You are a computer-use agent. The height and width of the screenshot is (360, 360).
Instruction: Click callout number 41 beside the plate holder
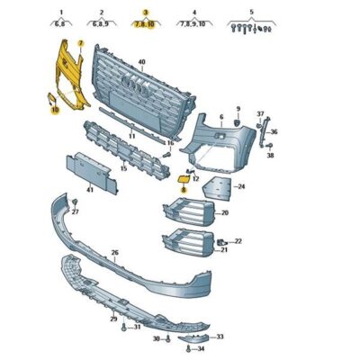(89, 190)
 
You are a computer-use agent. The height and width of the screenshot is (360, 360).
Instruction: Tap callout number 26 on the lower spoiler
(114, 252)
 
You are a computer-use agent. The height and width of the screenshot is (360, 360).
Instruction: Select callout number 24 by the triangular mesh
(240, 186)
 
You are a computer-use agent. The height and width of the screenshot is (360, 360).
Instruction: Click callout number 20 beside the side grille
(224, 213)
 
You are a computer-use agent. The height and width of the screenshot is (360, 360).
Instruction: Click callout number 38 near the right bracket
(269, 155)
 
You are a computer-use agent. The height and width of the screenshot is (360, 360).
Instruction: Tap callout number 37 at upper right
(261, 114)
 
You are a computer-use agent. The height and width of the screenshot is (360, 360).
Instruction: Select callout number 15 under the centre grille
(123, 168)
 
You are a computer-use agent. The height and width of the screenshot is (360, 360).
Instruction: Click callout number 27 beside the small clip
(75, 212)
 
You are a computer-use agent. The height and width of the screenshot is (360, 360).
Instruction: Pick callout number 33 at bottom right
(220, 336)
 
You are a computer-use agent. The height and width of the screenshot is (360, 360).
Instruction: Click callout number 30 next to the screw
(156, 339)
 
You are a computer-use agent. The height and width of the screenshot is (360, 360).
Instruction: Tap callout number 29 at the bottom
(112, 319)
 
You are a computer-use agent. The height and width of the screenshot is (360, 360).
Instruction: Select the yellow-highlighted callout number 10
(54, 110)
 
